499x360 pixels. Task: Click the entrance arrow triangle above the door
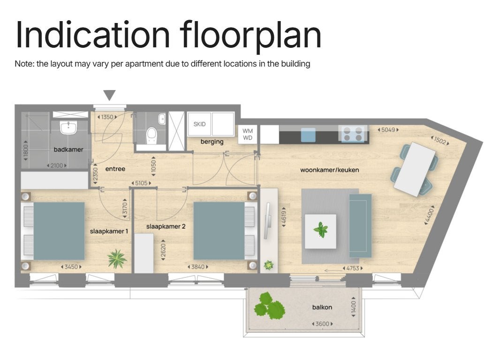click(109, 95)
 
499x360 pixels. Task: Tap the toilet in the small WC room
click(151, 135)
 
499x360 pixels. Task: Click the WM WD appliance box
click(248, 134)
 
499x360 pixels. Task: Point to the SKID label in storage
click(199, 124)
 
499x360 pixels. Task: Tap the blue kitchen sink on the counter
click(308, 135)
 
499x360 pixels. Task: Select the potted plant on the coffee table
click(321, 230)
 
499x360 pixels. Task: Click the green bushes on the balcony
click(269, 306)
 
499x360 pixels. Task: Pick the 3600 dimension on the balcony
click(322, 324)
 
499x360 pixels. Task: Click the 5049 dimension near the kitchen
click(388, 130)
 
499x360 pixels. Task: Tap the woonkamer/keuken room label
click(330, 170)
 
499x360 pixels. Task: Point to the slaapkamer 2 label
click(166, 226)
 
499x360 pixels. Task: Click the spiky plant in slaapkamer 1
click(117, 258)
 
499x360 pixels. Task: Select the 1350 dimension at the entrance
click(107, 117)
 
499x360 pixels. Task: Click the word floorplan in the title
click(250, 35)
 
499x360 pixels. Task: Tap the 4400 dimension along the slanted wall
click(429, 215)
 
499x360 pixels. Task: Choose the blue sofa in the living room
click(360, 226)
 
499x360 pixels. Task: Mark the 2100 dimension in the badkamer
click(57, 165)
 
